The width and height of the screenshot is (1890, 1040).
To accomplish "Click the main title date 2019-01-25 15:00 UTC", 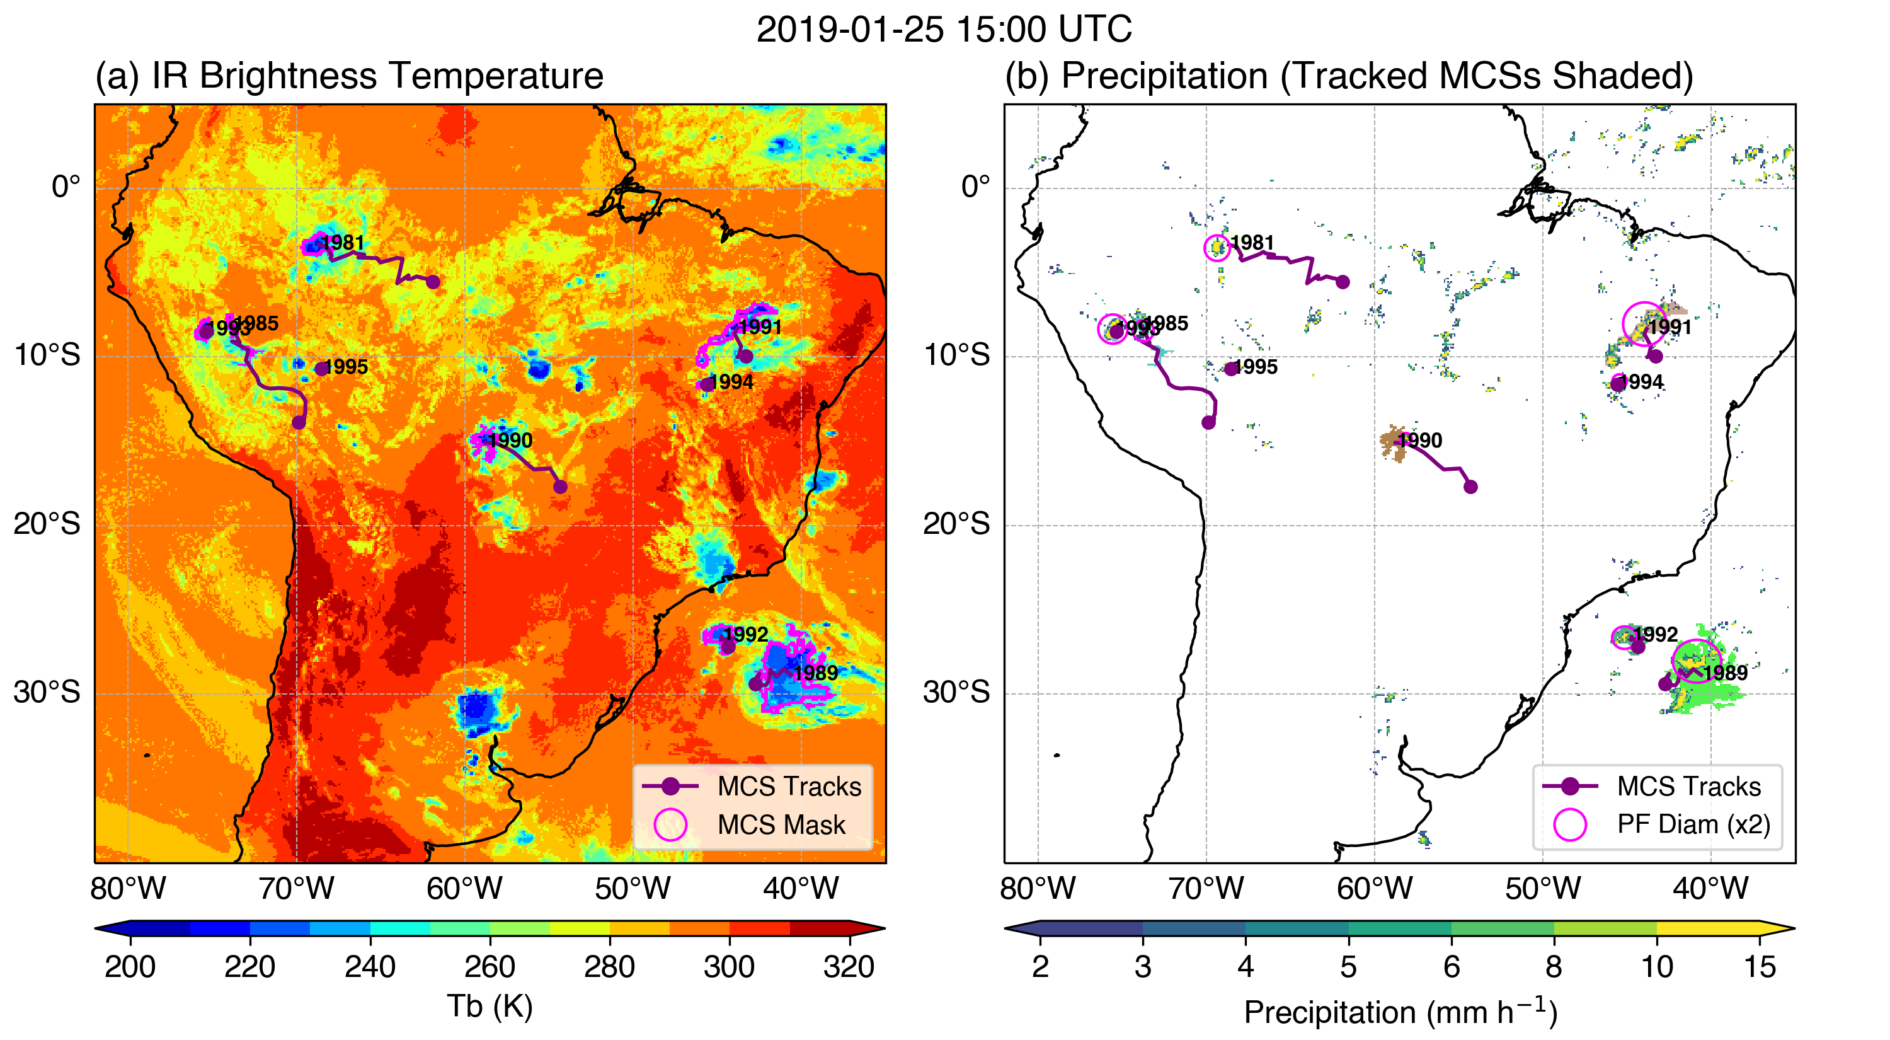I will click(x=944, y=30).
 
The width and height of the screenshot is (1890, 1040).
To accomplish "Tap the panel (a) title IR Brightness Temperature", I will click(x=349, y=76).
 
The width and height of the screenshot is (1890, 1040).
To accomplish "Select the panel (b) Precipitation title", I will click(x=1349, y=76).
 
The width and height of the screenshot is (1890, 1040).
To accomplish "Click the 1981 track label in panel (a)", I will click(x=343, y=243).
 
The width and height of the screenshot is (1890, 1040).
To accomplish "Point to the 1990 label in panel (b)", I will click(x=1419, y=441).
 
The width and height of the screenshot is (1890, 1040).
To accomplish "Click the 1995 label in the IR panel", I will click(x=346, y=367).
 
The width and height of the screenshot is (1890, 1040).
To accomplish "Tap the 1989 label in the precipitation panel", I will click(x=1725, y=673).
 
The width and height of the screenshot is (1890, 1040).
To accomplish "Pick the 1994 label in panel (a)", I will click(x=731, y=383).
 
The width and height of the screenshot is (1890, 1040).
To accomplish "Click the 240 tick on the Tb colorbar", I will click(x=370, y=967).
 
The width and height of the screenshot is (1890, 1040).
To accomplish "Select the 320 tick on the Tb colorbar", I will click(x=849, y=967).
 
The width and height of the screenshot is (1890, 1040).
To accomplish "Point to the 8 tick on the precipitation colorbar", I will click(x=1553, y=967).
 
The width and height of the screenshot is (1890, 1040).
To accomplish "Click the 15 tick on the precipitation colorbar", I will click(x=1760, y=967).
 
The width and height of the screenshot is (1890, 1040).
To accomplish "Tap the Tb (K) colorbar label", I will click(x=490, y=1005).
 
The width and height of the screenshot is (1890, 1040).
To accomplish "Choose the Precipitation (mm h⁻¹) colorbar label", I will click(x=1400, y=1012).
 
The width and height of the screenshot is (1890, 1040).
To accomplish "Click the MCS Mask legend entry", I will click(x=781, y=824).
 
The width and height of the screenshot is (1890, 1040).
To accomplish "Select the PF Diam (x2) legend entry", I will click(x=1693, y=824).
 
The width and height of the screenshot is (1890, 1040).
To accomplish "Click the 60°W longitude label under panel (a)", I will click(x=464, y=889).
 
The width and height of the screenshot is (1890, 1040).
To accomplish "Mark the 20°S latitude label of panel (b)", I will click(x=956, y=524).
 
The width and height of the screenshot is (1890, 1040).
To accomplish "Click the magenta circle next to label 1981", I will click(x=1217, y=248).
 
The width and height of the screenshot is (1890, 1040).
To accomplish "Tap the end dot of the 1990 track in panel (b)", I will click(x=1470, y=487).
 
